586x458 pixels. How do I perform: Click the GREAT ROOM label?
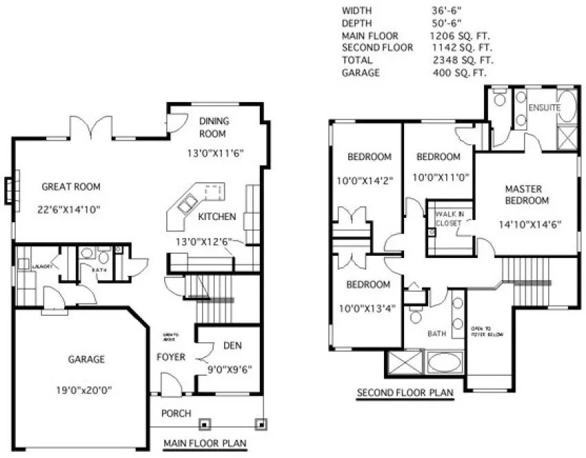(x=71, y=186)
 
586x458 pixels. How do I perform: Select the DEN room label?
(x=231, y=346)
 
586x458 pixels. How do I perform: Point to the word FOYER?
(x=171, y=357)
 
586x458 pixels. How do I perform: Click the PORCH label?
(x=176, y=414)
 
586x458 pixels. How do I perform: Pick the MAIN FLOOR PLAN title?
(x=205, y=444)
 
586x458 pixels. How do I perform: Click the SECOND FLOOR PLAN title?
(x=405, y=394)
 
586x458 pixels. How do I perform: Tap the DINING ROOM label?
(x=214, y=127)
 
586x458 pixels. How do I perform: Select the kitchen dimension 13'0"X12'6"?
(x=203, y=242)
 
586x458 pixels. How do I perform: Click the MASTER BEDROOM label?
(x=527, y=195)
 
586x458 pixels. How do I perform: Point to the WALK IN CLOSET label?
(x=449, y=219)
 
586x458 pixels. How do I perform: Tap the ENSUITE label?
(x=543, y=108)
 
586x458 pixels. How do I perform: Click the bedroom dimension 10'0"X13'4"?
(x=368, y=308)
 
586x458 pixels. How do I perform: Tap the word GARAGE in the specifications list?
(x=361, y=73)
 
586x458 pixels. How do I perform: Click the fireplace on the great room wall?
(x=8, y=190)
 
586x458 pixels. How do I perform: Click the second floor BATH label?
(x=436, y=333)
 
